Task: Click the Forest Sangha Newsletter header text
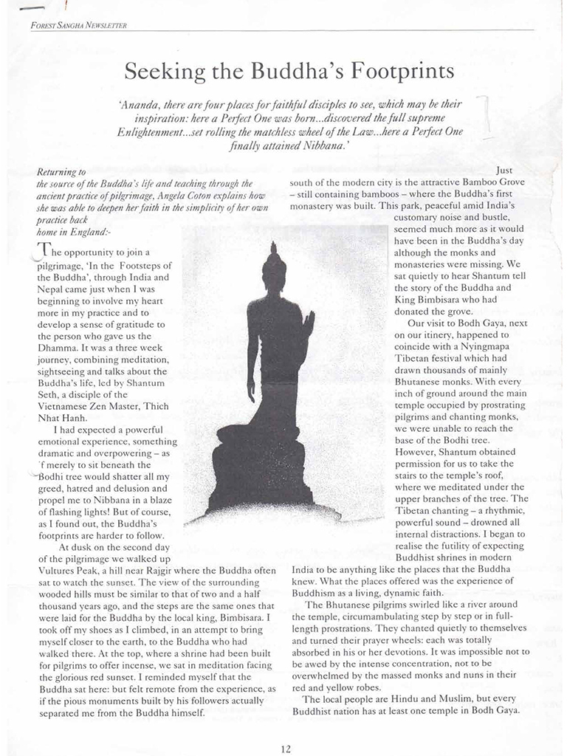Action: point(79,26)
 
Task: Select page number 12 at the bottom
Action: point(286,748)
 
